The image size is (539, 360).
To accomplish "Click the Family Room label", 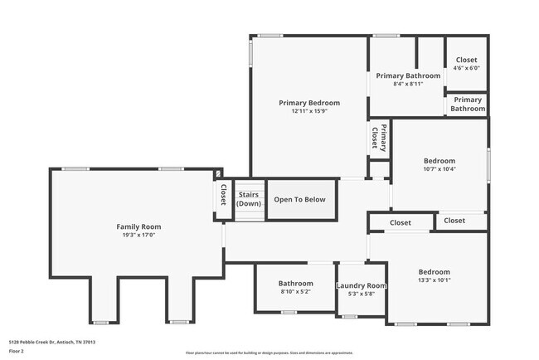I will click(138, 226).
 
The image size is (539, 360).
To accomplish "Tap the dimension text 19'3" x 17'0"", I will click(138, 236).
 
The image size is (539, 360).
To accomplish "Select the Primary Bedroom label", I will click(309, 103).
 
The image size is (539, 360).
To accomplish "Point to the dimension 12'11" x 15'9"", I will click(309, 112).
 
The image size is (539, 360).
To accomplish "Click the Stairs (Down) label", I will click(249, 199).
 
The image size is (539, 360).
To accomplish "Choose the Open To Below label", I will click(300, 199).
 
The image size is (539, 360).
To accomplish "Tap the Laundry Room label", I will click(361, 286).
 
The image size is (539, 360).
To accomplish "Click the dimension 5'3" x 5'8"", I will click(361, 294).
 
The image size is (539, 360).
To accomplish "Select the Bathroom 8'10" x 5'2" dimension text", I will click(295, 292).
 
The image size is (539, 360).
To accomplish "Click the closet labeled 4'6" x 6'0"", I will click(467, 69).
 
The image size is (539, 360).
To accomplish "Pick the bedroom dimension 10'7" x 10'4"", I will click(439, 169).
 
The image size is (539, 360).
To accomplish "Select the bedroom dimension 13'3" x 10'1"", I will click(434, 280).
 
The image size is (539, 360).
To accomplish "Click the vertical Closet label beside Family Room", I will click(223, 195).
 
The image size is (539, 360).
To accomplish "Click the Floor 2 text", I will click(17, 352).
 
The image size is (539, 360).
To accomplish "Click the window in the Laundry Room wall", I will click(349, 317).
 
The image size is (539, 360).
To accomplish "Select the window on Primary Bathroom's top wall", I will click(383, 36).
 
